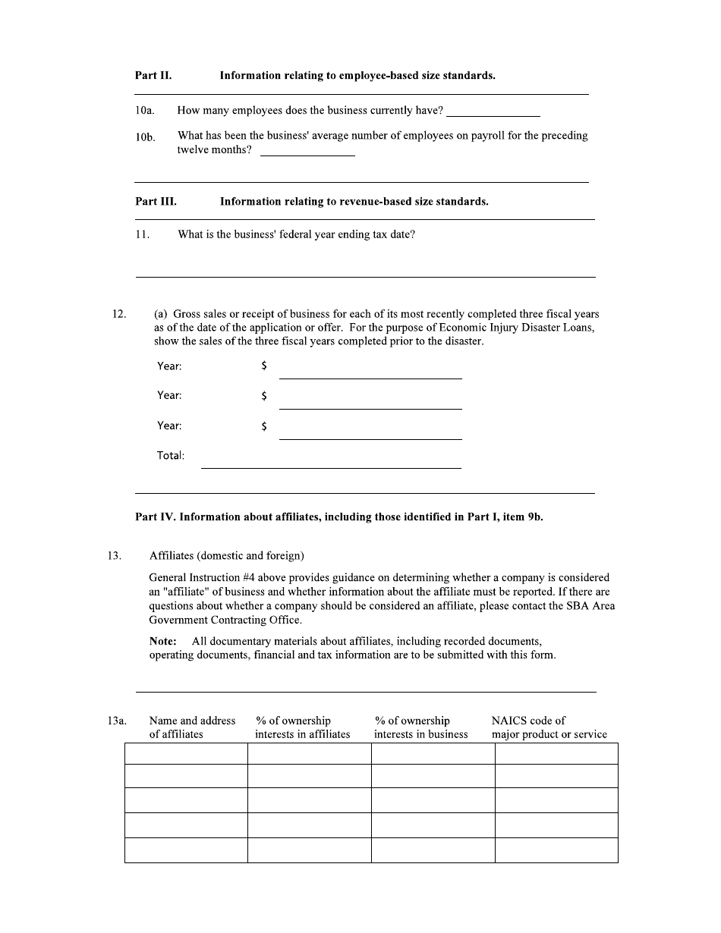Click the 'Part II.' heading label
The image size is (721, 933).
(x=153, y=76)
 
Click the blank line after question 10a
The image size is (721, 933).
(x=493, y=111)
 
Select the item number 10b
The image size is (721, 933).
(x=145, y=137)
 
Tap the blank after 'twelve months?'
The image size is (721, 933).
(x=307, y=150)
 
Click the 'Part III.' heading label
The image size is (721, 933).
(x=156, y=202)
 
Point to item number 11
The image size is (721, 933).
(x=142, y=234)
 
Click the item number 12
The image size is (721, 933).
(x=119, y=314)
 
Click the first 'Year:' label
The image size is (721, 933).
(x=169, y=366)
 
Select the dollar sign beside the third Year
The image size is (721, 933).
(x=263, y=426)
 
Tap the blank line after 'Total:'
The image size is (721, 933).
(x=331, y=462)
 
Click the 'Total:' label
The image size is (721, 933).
(x=171, y=456)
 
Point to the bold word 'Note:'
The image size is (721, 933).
(x=163, y=642)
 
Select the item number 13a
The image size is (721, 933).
(x=117, y=721)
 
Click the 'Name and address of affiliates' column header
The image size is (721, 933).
(x=192, y=727)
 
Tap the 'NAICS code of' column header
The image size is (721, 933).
(x=528, y=721)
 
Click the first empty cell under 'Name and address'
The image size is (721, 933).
(x=186, y=753)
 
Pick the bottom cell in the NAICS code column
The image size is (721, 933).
(x=556, y=850)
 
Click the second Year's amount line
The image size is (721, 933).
(x=370, y=403)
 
